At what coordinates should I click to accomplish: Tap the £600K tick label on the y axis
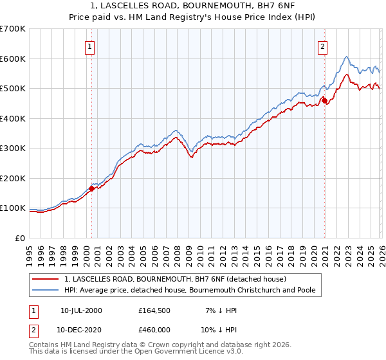(x=12, y=59)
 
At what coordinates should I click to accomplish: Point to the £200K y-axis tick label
(x=12, y=178)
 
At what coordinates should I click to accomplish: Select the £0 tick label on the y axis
(x=21, y=238)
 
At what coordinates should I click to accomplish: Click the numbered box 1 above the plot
(x=89, y=46)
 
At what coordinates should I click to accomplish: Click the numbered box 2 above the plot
(x=322, y=46)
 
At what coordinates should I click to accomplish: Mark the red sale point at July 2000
(x=91, y=188)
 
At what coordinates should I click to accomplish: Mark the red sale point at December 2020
(x=325, y=100)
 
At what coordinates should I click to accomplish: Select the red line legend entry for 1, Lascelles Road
(x=179, y=279)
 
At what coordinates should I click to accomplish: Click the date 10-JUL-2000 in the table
(x=81, y=310)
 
